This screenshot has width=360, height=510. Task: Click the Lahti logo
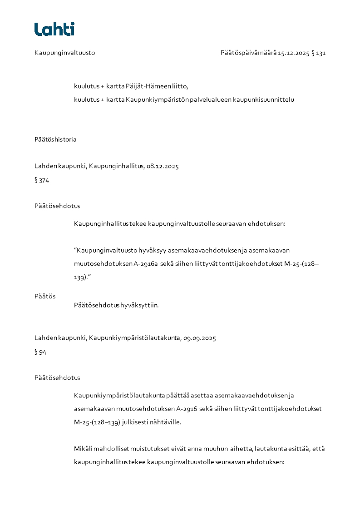(x=54, y=29)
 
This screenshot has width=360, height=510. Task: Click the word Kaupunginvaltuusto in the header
(x=64, y=53)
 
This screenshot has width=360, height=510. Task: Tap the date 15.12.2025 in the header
(x=293, y=53)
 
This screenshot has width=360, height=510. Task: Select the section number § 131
(x=319, y=53)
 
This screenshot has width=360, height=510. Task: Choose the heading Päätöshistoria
(x=55, y=139)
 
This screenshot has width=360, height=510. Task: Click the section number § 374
(x=42, y=180)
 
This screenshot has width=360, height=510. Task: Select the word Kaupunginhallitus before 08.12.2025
(x=116, y=166)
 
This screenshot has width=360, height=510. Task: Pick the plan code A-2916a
(x=146, y=263)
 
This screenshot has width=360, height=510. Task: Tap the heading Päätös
(x=45, y=296)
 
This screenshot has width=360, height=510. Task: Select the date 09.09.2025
(x=200, y=338)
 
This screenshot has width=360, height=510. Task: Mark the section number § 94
(x=40, y=352)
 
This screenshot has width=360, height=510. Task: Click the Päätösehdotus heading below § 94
(x=57, y=377)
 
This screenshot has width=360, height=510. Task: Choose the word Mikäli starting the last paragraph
(x=84, y=449)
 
